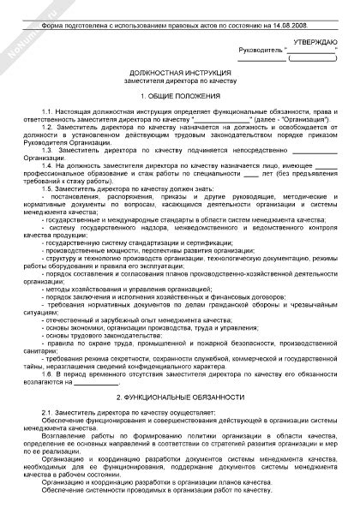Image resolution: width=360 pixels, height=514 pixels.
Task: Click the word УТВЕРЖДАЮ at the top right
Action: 315,40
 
